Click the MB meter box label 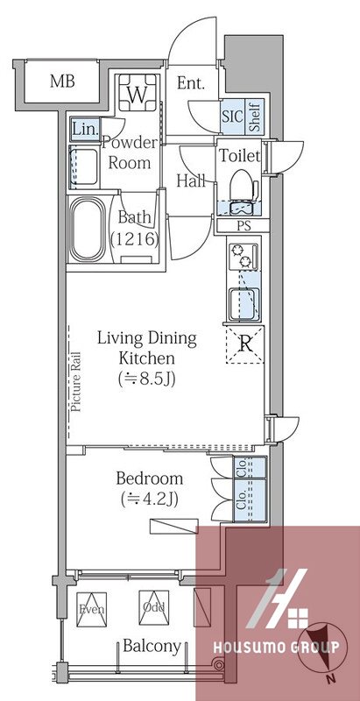[x=62, y=81]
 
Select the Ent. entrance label [x=191, y=83]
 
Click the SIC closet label [x=233, y=117]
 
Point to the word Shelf [x=256, y=117]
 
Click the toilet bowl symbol [x=243, y=185]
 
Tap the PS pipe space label [x=244, y=226]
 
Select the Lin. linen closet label [x=85, y=130]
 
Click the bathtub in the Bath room [x=87, y=230]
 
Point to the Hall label [x=191, y=181]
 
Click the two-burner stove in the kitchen [x=243, y=256]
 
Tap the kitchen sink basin [x=243, y=304]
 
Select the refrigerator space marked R [x=244, y=344]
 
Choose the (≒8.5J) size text [x=146, y=379]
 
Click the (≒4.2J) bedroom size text [x=149, y=499]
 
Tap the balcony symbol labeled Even [x=91, y=609]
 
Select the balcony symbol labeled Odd [x=153, y=608]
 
